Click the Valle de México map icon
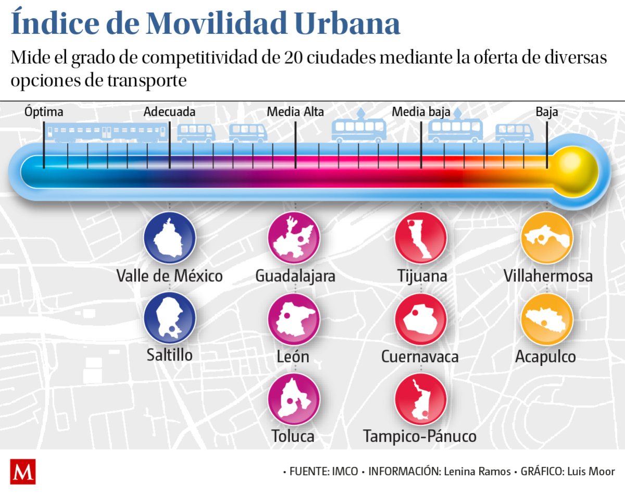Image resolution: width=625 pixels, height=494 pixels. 170,238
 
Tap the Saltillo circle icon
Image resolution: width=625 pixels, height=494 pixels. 170,318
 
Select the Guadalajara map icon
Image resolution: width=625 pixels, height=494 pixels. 294,238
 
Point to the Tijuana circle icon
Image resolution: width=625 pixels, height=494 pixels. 421,238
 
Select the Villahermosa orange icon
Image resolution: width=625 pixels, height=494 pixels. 547,238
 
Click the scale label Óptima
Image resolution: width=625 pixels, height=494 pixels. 44,112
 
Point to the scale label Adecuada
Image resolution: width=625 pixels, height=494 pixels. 170,112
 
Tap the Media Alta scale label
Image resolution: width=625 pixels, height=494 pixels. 295,112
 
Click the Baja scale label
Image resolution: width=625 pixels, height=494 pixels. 547,112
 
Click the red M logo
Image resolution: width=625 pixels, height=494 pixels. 23,472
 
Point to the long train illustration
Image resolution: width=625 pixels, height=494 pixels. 108,132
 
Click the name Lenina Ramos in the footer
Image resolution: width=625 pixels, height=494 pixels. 477,472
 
